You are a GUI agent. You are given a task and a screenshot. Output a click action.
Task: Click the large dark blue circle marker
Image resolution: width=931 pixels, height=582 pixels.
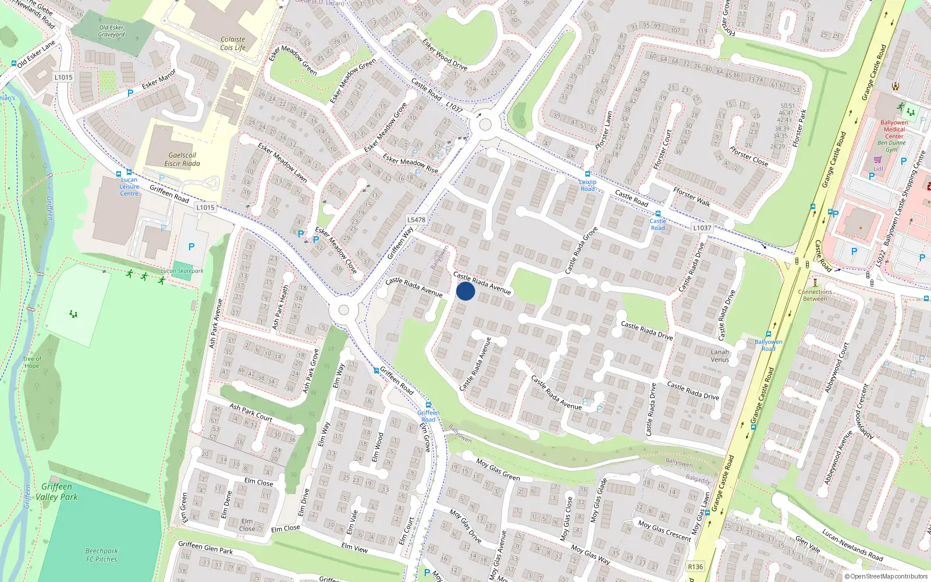point(465,291)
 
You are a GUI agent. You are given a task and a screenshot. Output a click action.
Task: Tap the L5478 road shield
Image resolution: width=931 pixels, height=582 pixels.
point(416,219)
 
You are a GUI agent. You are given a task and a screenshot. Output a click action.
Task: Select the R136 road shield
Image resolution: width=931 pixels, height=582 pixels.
point(695,566)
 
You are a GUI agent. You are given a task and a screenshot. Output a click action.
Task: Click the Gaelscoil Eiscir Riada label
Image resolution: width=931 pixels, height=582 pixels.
point(182,159)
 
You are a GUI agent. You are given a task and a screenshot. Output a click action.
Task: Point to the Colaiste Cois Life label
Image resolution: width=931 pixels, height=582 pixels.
point(233,44)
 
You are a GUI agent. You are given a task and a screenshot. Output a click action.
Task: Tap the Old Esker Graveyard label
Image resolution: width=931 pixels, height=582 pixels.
point(111,31)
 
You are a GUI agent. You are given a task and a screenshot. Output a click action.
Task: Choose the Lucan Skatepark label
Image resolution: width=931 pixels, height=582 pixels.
point(182,271)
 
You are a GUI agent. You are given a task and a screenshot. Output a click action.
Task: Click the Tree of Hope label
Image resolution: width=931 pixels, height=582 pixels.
point(32,362)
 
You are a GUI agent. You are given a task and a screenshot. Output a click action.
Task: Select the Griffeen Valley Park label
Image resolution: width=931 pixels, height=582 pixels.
point(56,492)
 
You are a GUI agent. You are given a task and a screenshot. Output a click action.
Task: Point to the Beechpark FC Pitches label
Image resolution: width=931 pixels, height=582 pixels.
point(102,555)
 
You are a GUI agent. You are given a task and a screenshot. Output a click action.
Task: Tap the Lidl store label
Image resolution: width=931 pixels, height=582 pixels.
point(878,169)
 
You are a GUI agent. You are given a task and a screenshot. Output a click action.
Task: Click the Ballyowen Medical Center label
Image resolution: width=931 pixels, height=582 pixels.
point(894,129)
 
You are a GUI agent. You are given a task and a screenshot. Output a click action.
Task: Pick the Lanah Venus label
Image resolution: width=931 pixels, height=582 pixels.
point(720,356)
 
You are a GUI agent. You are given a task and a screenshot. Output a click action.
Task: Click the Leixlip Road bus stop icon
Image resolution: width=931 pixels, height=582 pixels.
point(588,174)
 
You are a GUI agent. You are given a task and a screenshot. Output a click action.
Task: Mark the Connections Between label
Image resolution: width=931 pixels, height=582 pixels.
point(815,295)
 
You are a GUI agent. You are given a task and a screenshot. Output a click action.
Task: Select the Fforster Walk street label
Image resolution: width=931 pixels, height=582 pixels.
point(691,196)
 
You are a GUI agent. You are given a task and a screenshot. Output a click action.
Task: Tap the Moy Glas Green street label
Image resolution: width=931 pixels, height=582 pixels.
point(498,470)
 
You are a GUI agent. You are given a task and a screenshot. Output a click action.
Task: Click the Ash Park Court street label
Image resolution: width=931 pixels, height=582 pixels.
point(251,412)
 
